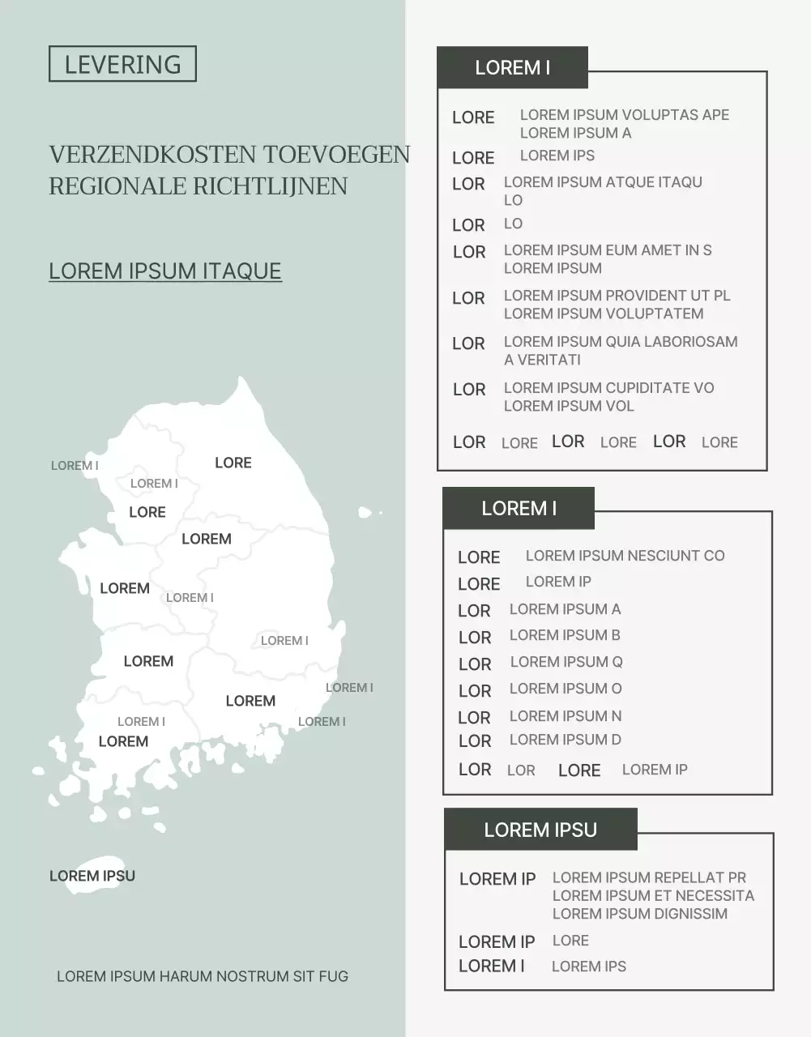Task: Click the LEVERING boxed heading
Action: (122, 64)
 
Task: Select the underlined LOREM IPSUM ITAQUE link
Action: (165, 271)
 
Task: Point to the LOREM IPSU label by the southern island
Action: (92, 876)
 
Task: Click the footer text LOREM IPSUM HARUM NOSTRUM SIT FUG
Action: (203, 976)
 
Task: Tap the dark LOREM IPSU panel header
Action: (540, 830)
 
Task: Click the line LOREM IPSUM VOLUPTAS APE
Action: (625, 115)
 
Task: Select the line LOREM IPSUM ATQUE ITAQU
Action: (603, 182)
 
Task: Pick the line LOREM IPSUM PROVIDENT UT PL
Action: (617, 296)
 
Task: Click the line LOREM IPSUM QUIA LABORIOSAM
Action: (621, 342)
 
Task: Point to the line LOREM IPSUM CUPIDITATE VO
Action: (609, 388)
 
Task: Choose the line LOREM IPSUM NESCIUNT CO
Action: (625, 556)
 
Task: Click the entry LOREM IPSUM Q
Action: (566, 662)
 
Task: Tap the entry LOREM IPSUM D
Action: (566, 740)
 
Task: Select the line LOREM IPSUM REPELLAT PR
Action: (650, 877)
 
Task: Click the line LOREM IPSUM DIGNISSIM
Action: (640, 914)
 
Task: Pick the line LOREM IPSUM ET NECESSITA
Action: (654, 895)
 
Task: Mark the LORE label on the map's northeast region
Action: (233, 463)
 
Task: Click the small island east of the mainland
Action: (365, 512)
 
